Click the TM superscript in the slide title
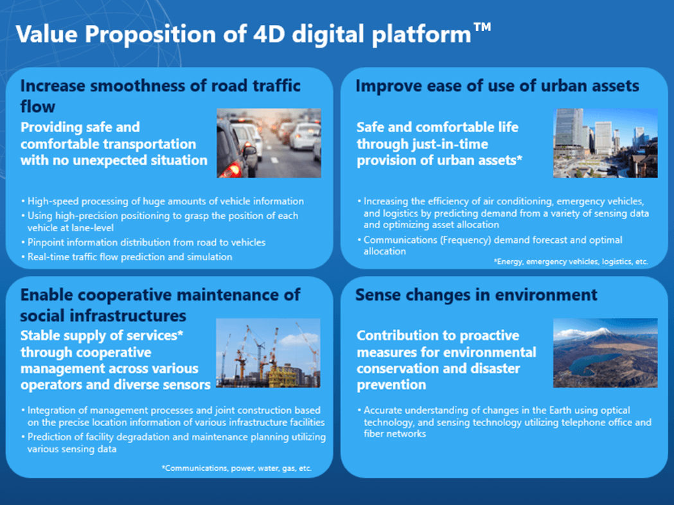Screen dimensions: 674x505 (x=483, y=27)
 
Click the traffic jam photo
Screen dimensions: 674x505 (x=269, y=143)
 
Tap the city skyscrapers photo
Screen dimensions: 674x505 (x=605, y=143)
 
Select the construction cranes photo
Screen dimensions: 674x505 (x=268, y=353)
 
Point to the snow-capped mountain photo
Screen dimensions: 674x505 (x=605, y=353)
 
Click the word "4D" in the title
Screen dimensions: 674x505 (x=269, y=34)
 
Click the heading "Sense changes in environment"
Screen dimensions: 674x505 (x=476, y=296)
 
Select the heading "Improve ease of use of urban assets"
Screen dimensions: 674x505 (x=497, y=86)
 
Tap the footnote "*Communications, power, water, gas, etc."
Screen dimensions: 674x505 (x=237, y=468)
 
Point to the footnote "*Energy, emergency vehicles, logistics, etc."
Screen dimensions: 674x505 (x=571, y=261)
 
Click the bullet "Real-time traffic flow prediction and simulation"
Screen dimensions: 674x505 (x=127, y=257)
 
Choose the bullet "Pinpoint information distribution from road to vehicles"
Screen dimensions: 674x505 (x=143, y=242)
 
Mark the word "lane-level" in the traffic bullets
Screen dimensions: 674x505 (x=92, y=228)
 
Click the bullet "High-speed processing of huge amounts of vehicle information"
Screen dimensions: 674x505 (x=163, y=201)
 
